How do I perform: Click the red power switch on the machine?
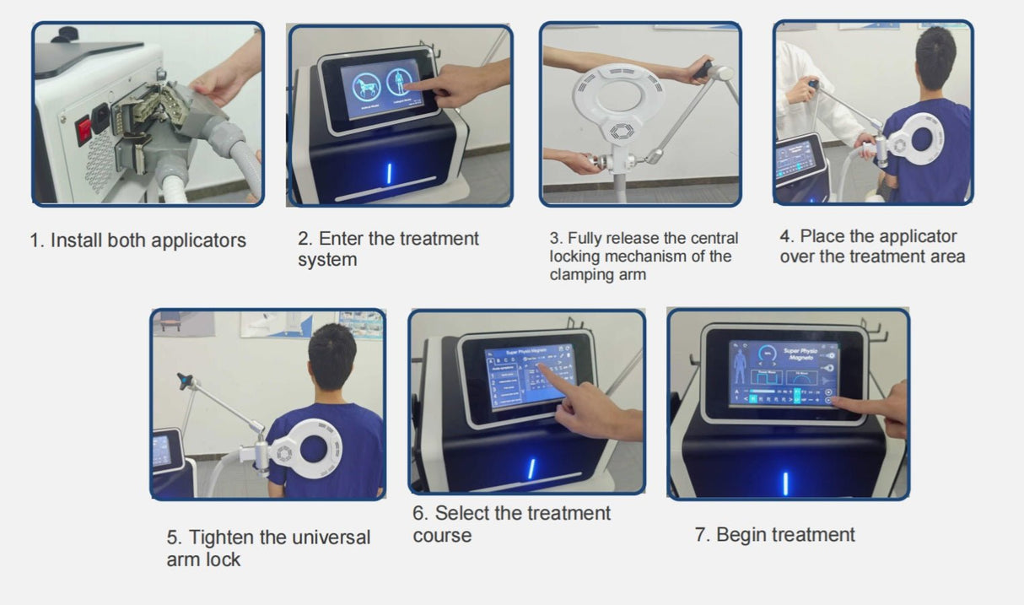pyautogui.click(x=84, y=131)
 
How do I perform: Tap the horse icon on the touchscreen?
pyautogui.click(x=365, y=84)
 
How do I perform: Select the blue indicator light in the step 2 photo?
pyautogui.click(x=389, y=174)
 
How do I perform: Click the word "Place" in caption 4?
pyautogui.click(x=823, y=236)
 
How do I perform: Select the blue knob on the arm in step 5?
pyautogui.click(x=183, y=381)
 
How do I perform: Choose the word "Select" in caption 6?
pyautogui.click(x=463, y=513)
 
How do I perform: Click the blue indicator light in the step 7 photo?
pyautogui.click(x=785, y=483)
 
